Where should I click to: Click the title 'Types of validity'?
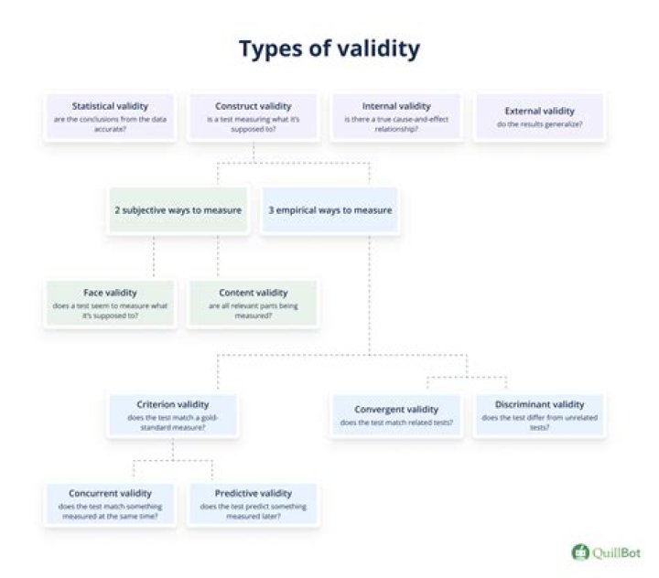(x=329, y=49)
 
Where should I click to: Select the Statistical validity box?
(x=110, y=116)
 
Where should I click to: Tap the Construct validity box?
(x=254, y=116)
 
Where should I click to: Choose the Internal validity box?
(x=395, y=116)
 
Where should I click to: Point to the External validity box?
(x=538, y=116)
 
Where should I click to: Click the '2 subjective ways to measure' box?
(x=178, y=210)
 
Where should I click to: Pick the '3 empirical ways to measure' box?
(x=329, y=210)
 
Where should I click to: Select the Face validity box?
(x=110, y=302)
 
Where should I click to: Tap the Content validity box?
(x=254, y=302)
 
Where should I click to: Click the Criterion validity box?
(x=172, y=416)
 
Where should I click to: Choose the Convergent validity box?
(x=396, y=415)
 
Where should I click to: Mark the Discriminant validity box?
(x=539, y=415)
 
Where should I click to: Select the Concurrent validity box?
(x=110, y=504)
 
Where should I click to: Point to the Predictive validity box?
(x=254, y=504)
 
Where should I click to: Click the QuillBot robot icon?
(x=579, y=552)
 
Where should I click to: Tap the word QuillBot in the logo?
(x=616, y=552)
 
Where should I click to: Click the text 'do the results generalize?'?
(x=538, y=123)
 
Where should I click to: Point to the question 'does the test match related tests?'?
(x=396, y=423)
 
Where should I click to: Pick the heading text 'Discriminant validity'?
(x=539, y=404)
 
